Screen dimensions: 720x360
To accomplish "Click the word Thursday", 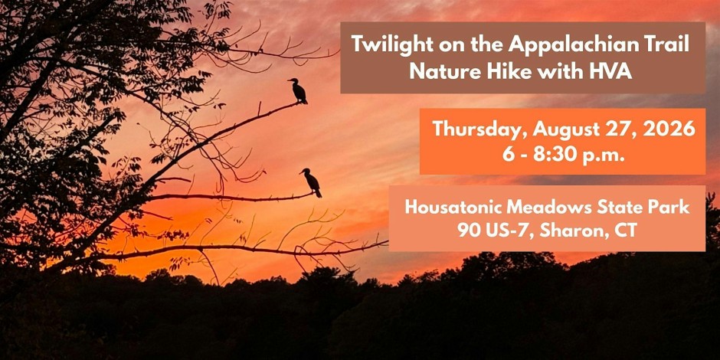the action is [x=480, y=130].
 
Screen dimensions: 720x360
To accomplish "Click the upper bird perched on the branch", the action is [x=299, y=90].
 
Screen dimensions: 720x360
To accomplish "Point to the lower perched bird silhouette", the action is [x=312, y=182].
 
